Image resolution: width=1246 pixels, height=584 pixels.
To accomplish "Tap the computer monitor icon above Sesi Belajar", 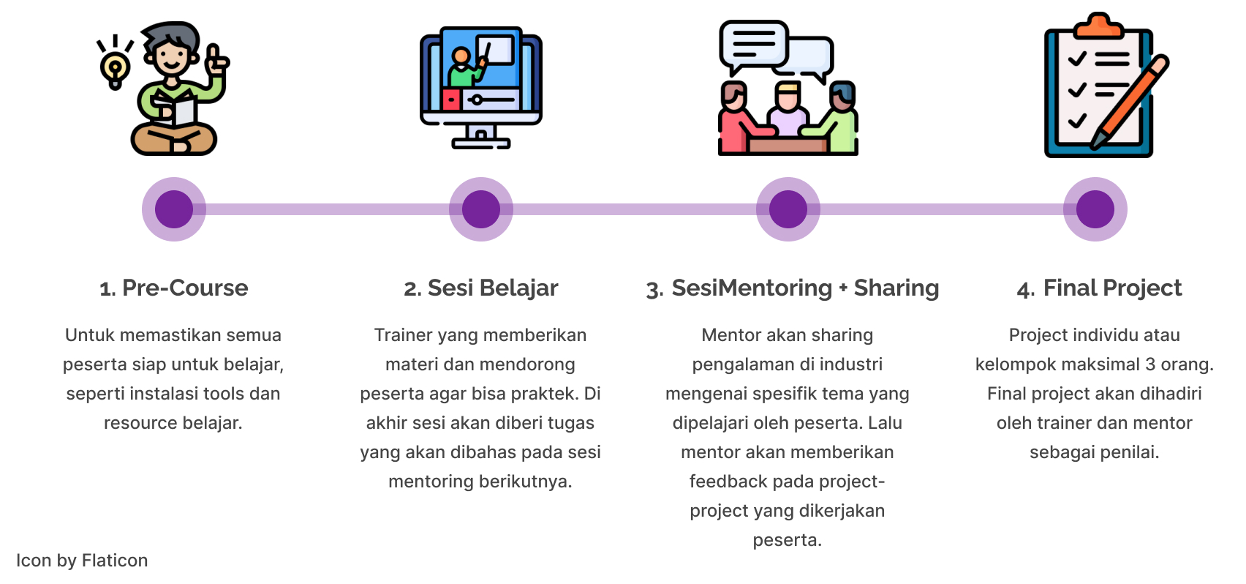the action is tap(481, 87).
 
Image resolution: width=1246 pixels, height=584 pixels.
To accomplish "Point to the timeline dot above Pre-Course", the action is tap(173, 209).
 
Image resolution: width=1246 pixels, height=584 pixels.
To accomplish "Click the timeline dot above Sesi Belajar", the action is tap(480, 209).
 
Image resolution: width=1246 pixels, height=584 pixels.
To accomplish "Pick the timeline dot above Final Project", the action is tap(1095, 209).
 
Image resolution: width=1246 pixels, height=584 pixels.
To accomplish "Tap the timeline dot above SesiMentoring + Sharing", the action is tap(788, 209).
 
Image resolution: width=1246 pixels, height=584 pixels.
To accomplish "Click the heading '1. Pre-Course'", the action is tap(173, 288).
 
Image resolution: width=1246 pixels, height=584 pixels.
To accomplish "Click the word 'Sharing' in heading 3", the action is tap(896, 288).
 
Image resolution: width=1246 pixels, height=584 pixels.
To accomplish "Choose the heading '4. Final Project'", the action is tap(1099, 288).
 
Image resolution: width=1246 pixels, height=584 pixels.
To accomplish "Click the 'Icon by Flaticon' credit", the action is tap(82, 560).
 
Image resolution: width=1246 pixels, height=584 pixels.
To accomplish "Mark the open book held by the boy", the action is tap(175, 109).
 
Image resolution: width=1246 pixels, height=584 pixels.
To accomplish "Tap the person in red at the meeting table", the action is tap(740, 119).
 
